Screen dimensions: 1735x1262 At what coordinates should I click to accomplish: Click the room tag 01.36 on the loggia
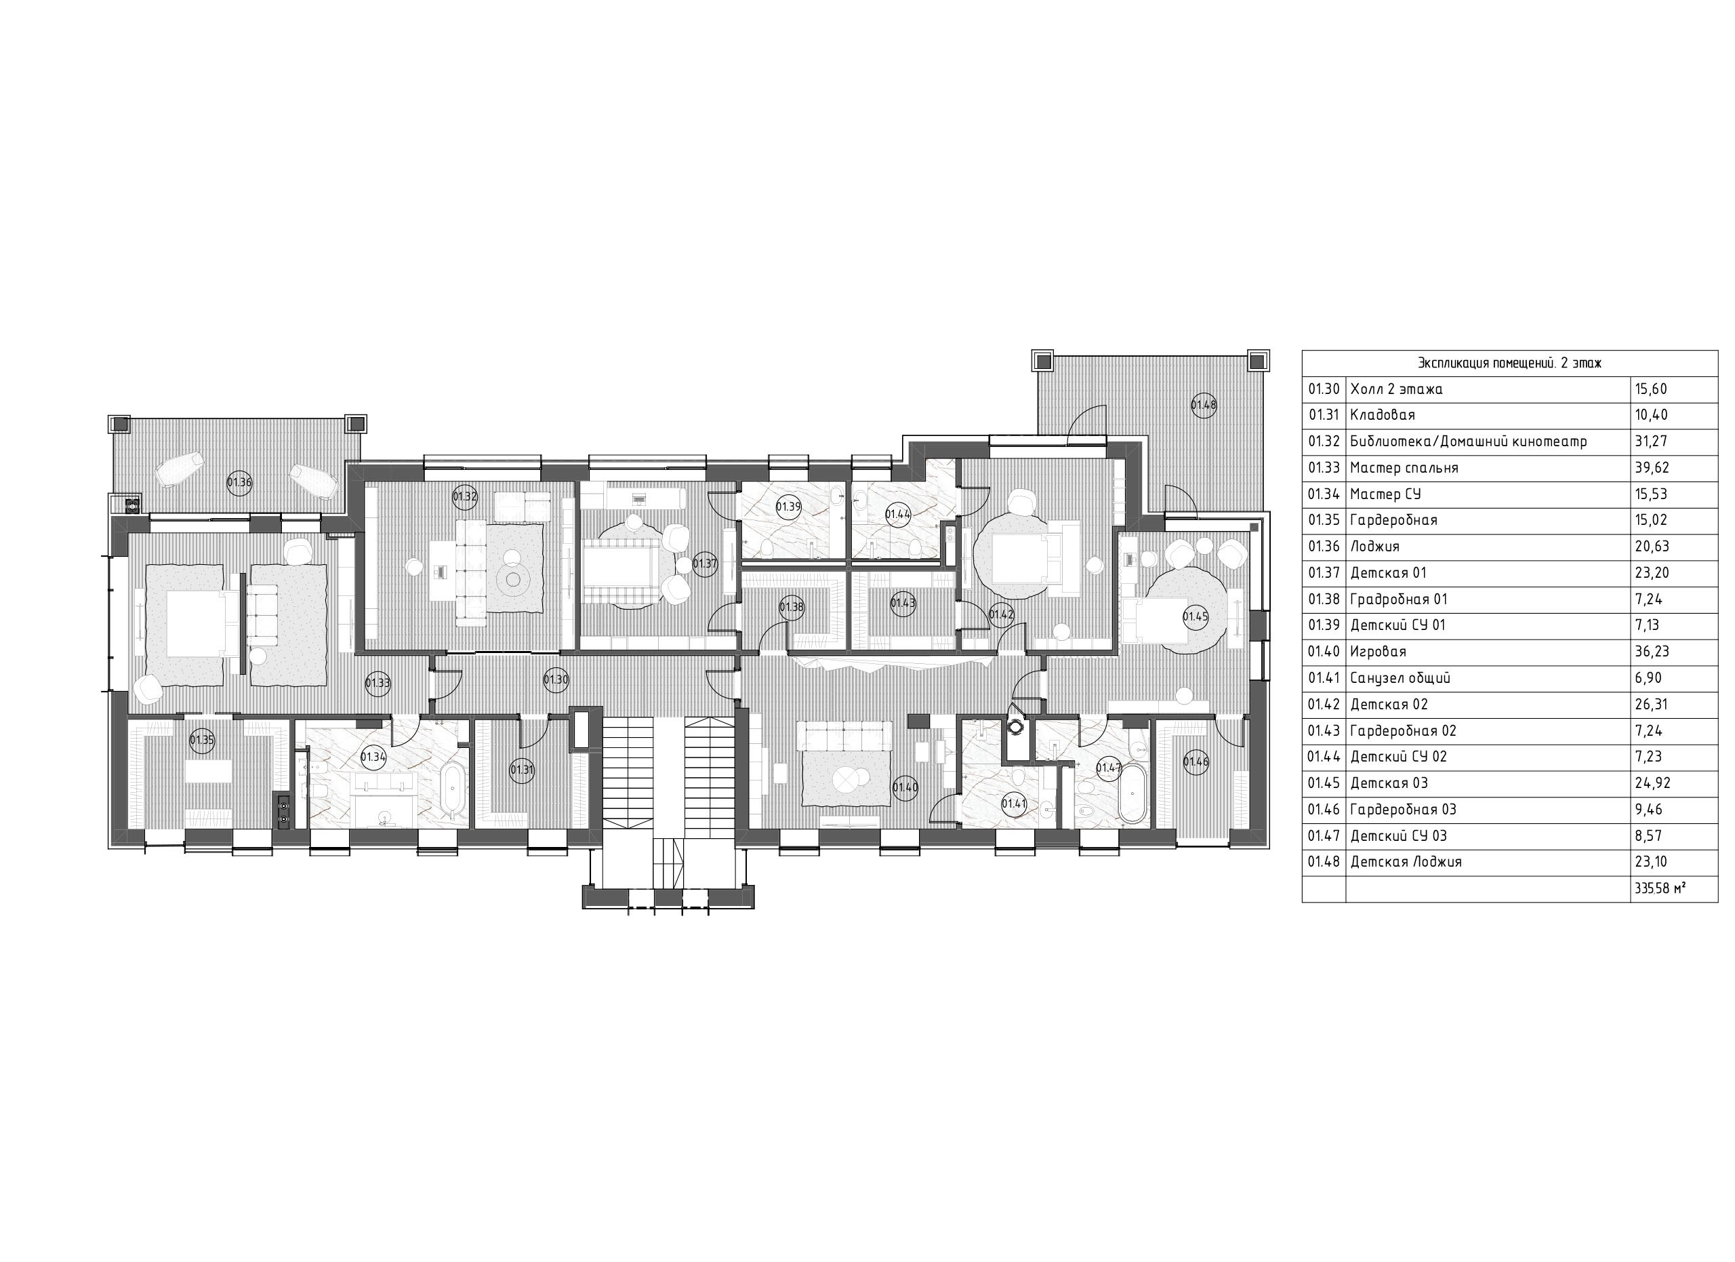[239, 482]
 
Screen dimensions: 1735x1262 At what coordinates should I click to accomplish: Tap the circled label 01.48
[1204, 405]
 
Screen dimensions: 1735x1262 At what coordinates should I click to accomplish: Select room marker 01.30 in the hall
[556, 679]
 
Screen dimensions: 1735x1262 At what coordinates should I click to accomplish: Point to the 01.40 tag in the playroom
[905, 787]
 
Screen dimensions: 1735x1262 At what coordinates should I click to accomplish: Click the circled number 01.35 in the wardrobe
[203, 740]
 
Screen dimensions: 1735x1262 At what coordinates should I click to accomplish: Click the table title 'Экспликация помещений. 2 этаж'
[1509, 363]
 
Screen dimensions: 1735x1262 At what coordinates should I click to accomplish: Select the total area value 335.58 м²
[1659, 888]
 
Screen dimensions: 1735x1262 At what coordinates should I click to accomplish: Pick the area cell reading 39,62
[1652, 468]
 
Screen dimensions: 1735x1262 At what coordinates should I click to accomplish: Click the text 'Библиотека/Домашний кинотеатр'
[1468, 441]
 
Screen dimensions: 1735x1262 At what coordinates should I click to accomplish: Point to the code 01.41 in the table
[1324, 678]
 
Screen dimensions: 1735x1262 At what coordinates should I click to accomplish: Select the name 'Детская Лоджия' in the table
[1406, 862]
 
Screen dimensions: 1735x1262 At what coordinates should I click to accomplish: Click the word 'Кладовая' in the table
[1383, 416]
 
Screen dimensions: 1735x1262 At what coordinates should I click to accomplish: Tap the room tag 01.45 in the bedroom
[1195, 616]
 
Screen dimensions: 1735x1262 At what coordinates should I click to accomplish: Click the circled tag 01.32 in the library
[465, 496]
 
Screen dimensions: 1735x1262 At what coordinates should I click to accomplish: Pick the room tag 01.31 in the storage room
[522, 770]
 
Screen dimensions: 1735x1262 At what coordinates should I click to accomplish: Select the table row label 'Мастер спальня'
[1404, 469]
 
